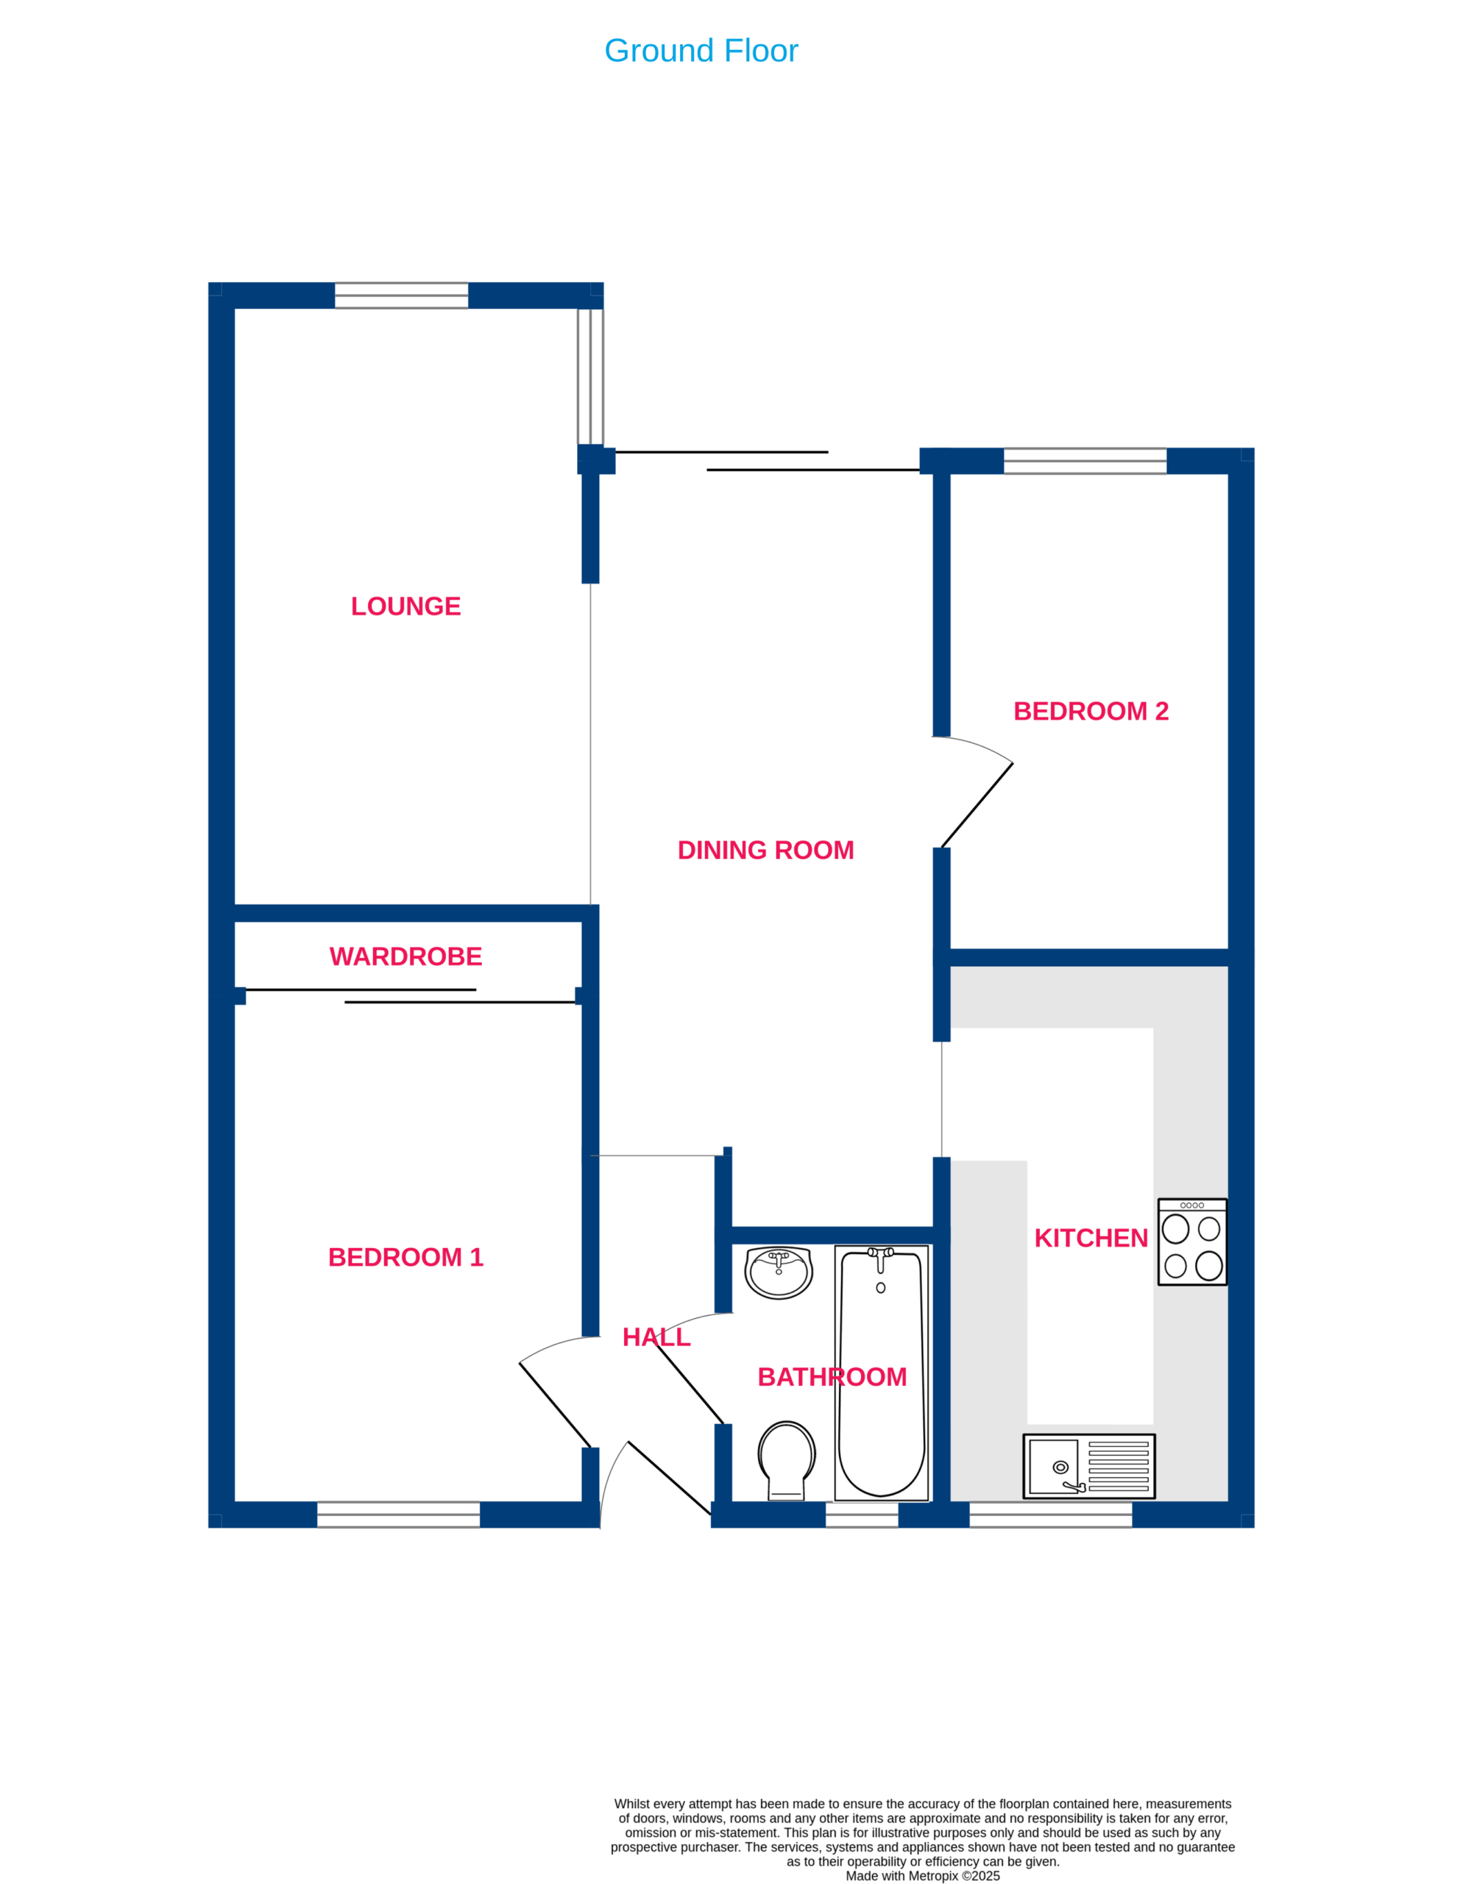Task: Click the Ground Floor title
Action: coord(701,51)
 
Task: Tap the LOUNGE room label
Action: coord(405,606)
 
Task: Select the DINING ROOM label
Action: coord(765,851)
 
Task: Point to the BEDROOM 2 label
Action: coord(1091,712)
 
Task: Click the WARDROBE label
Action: coord(405,957)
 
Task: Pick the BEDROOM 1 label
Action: coord(405,1258)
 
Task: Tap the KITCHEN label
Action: coord(1091,1239)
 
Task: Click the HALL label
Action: coord(656,1338)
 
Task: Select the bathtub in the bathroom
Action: coord(882,1373)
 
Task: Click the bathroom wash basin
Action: coord(778,1273)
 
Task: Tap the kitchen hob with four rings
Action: coord(1192,1242)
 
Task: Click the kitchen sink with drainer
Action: coord(1088,1467)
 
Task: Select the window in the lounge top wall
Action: coord(401,295)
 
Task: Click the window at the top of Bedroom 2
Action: coord(1085,461)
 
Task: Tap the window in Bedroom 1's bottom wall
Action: coord(399,1515)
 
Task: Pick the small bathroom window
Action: coord(862,1515)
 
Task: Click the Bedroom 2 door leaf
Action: coord(977,806)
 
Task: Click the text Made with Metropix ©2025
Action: coord(922,1875)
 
